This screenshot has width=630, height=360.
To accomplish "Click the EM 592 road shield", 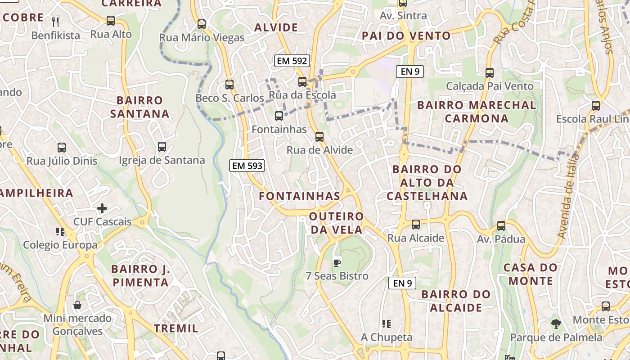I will tap(292, 61).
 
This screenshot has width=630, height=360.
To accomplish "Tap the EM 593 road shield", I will tap(247, 166).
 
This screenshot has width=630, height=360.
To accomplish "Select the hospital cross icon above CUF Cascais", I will tap(102, 208).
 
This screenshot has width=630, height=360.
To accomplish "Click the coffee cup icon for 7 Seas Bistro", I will tap(337, 263).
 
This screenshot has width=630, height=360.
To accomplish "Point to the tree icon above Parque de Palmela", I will tap(556, 324).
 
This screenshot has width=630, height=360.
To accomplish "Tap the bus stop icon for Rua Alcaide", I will tap(415, 224).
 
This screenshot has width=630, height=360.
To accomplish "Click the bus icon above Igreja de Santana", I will tap(162, 147).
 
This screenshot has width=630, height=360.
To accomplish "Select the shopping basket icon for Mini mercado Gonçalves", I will tap(77, 305).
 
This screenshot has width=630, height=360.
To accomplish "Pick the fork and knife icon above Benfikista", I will tap(56, 22).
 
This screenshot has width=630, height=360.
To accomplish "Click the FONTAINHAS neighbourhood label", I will tap(300, 196).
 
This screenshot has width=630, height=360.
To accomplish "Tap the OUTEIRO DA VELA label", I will tap(336, 223).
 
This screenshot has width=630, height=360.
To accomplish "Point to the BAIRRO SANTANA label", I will tap(139, 107).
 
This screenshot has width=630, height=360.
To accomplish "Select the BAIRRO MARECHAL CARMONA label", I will tap(477, 112).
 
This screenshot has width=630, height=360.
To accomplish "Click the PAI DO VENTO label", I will tap(406, 36).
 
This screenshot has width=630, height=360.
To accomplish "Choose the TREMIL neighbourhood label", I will tap(176, 328).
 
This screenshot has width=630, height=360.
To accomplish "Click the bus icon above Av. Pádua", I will tap(501, 226).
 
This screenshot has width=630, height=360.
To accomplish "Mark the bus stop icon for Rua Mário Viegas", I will tap(202, 24).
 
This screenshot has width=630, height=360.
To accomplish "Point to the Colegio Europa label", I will tap(60, 245).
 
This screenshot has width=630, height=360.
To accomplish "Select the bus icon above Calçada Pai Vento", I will tap(490, 72).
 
